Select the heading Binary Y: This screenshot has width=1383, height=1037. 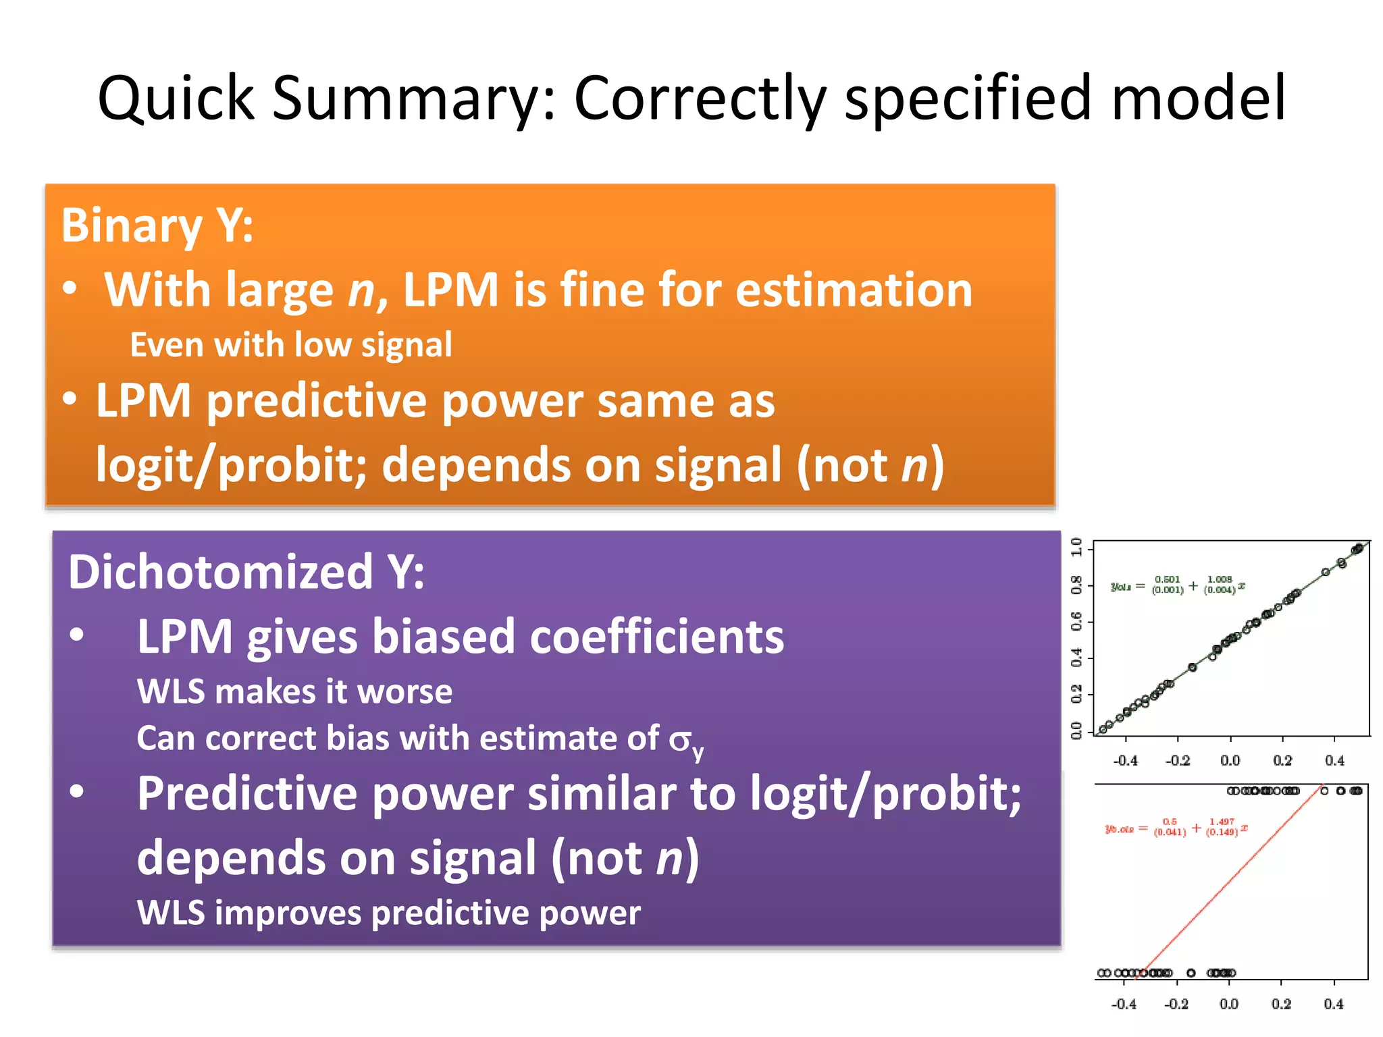coord(157,225)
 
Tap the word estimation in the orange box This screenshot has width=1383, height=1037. coord(854,290)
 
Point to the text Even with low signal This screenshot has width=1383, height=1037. coord(290,345)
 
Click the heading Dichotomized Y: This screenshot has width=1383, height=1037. coord(246,573)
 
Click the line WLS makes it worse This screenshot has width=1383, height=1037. coord(294,692)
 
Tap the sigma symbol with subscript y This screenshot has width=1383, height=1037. coord(685,741)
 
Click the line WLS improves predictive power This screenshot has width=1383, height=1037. coord(388,913)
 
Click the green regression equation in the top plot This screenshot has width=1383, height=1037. coord(1178,585)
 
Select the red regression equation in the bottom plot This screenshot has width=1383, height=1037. coord(1176,828)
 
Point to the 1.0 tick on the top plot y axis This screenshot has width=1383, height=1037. coord(1077,546)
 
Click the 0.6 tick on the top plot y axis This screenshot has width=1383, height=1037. coord(1077,620)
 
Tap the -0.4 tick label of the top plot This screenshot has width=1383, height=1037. coord(1125,761)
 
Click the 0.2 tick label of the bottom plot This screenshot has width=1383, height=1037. coord(1281,1004)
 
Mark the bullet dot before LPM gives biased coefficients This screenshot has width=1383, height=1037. coord(77,635)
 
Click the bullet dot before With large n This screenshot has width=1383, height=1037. coord(70,288)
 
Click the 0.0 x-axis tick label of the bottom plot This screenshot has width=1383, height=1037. coord(1229,1004)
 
